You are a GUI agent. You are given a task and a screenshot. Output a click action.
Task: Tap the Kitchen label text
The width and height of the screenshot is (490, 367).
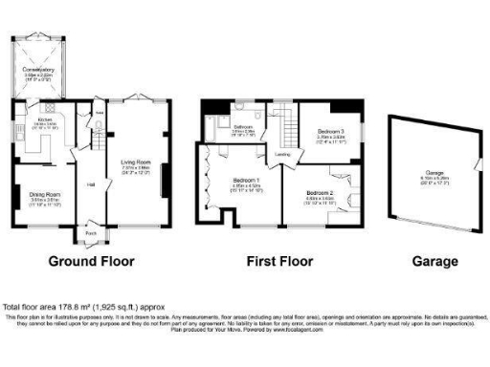46,119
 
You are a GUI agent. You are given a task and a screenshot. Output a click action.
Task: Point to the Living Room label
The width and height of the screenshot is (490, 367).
137,162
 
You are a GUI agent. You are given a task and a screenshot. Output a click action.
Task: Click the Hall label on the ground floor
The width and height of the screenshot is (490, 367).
92,183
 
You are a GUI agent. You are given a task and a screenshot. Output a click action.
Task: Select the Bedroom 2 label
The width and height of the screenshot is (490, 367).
318,192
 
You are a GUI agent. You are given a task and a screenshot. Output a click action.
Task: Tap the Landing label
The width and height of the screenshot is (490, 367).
283,153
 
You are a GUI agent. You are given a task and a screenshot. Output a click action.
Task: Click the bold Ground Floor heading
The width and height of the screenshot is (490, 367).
91,261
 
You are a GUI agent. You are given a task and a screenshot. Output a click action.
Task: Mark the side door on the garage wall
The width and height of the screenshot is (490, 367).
476,168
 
